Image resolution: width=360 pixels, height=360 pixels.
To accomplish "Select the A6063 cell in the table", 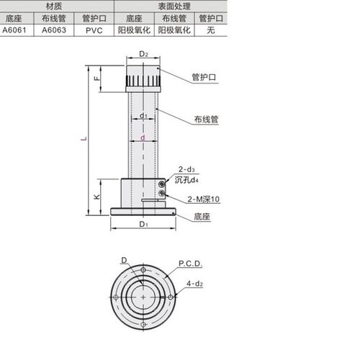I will (56, 31).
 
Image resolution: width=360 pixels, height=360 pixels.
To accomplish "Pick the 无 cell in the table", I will (210, 31).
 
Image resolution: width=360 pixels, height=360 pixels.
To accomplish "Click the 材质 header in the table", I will (56, 4).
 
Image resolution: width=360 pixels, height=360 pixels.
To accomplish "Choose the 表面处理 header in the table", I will (170, 4).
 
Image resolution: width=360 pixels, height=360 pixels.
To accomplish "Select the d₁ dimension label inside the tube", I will (143, 115).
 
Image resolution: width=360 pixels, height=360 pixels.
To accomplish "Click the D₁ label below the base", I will (143, 225).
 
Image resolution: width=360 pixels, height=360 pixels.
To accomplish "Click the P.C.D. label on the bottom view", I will (189, 264).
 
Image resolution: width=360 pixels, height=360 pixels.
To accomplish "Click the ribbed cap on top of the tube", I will (144, 78).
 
